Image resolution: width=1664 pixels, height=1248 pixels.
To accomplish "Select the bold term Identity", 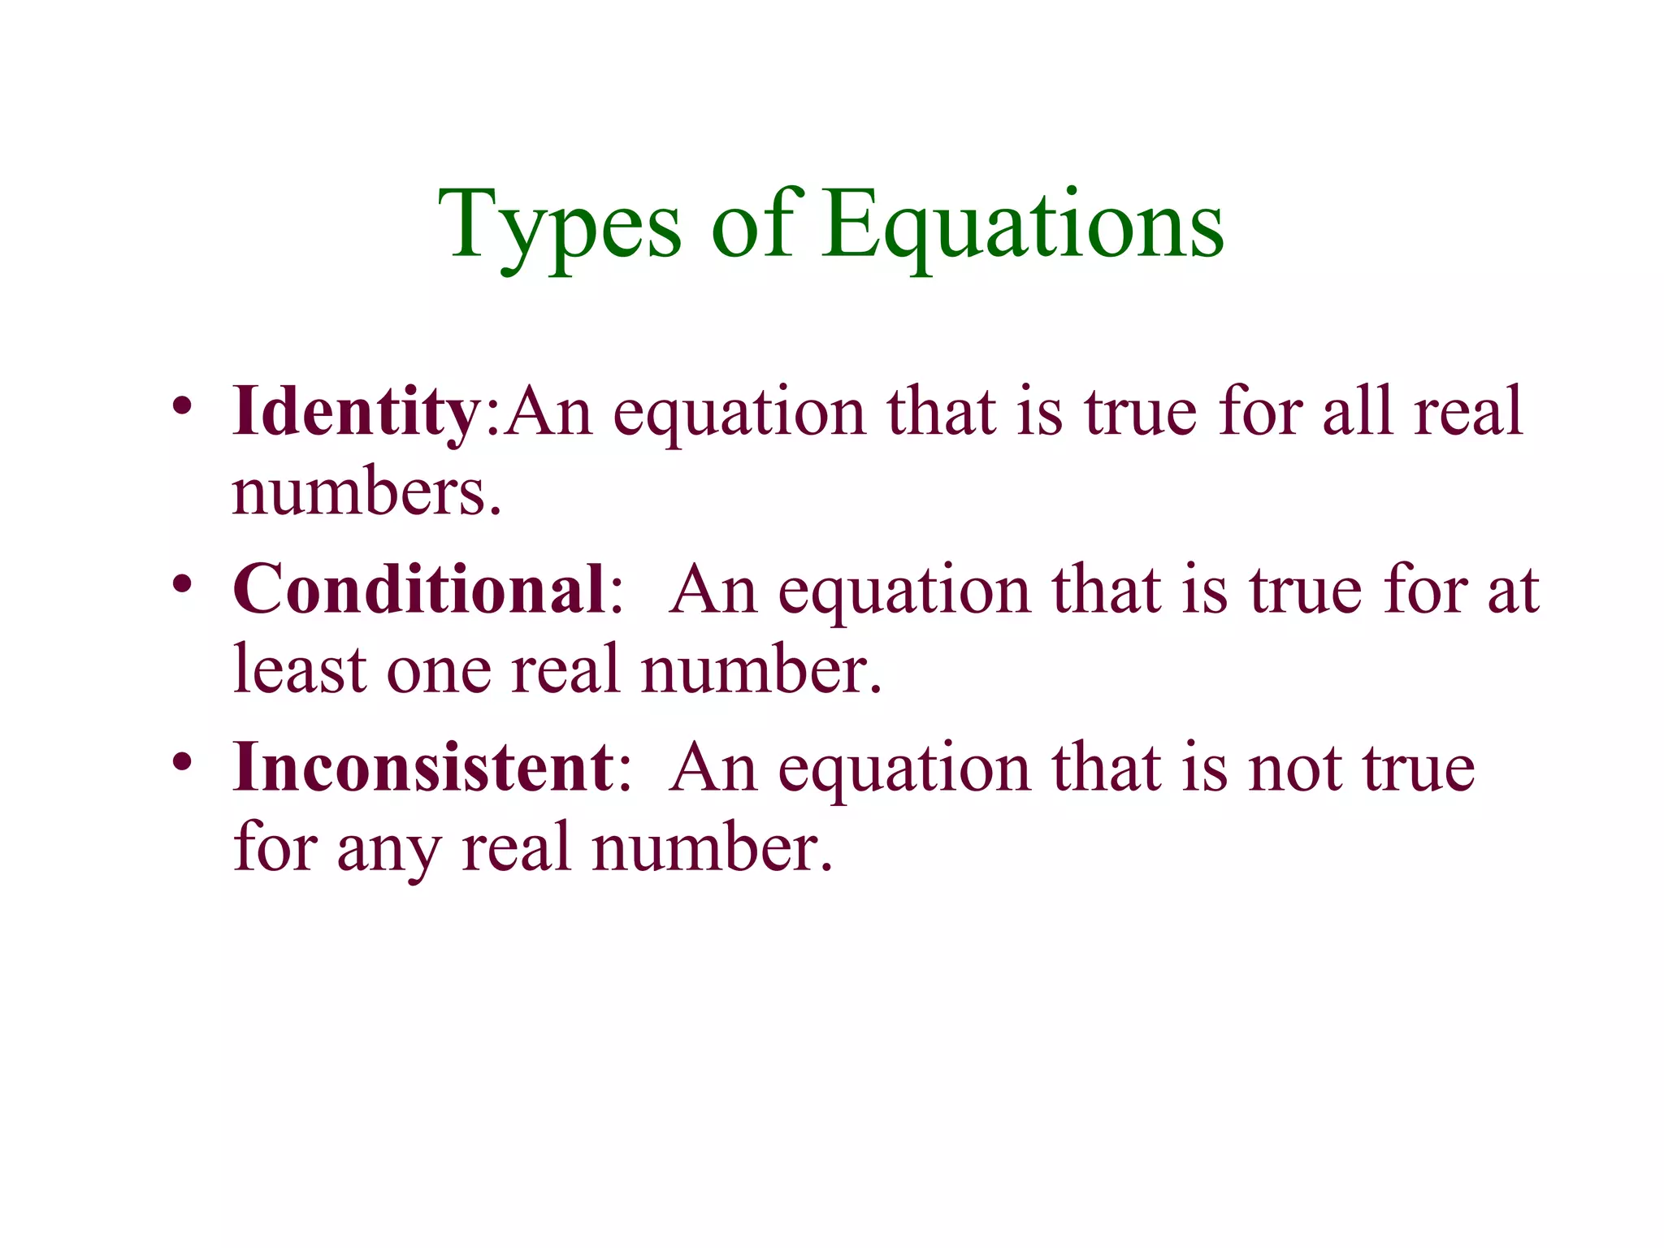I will pos(357,413).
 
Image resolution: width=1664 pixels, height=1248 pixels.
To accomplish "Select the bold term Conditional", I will pos(418,590).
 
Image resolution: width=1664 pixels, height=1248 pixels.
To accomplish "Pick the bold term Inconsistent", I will pos(423,767).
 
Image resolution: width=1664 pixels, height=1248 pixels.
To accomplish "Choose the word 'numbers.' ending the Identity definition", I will pos(366,492).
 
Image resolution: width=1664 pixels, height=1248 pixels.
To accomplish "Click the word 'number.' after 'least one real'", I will pos(760,669).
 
